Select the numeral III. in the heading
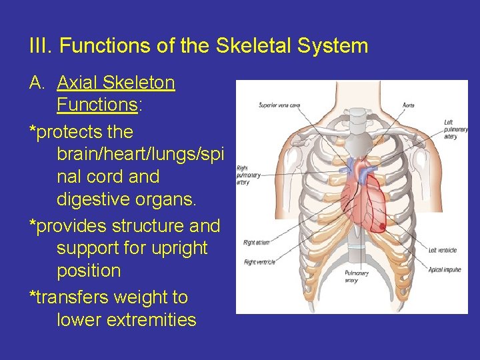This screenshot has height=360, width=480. pyautogui.click(x=41, y=46)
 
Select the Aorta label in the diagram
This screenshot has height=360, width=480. pyautogui.click(x=409, y=105)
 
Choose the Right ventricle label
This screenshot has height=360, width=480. pyautogui.click(x=259, y=262)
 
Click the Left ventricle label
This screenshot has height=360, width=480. pyautogui.click(x=443, y=250)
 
